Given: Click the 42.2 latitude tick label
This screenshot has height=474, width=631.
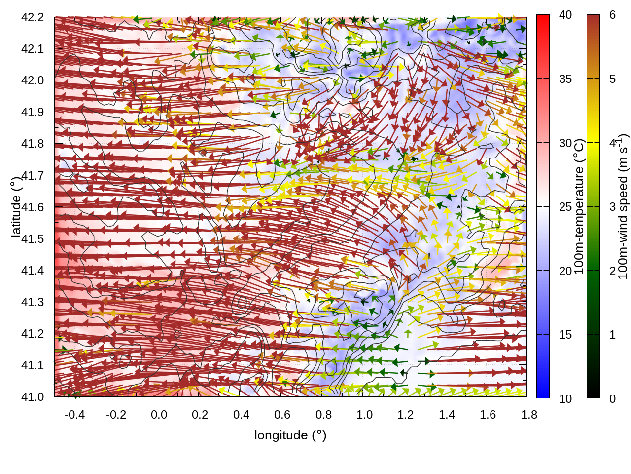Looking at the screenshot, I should pos(33,17).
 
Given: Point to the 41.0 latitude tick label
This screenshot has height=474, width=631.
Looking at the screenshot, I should pos(33,397).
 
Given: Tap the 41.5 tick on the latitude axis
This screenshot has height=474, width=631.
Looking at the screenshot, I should pos(33,239).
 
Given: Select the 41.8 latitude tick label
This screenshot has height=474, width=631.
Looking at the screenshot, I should pos(33,144).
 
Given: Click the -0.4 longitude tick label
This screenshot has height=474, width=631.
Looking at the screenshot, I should pos(74,415).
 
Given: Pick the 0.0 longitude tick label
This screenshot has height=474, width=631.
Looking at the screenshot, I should pos(159,415).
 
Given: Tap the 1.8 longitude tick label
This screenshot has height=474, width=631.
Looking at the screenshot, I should pos(529,415).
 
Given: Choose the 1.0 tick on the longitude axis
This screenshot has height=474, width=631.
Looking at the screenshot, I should pos(364,415).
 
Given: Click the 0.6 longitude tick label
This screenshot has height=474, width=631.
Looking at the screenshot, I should pos(282,415).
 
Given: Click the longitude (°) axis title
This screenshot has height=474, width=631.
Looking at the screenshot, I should pos(290,435).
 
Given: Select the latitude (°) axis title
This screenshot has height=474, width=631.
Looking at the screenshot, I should pos(16,207).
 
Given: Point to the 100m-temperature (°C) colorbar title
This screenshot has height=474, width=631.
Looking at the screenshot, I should pos(580,206).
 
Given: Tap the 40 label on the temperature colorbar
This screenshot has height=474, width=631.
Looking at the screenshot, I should pos(565,15).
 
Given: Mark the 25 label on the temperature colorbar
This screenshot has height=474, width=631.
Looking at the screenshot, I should pos(565,207).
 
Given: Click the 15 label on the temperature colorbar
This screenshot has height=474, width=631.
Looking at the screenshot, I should pos(565,335).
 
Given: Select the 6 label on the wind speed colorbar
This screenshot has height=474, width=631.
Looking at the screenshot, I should pos(612,15).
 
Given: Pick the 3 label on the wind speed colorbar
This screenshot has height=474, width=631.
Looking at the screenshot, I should pos(612,207).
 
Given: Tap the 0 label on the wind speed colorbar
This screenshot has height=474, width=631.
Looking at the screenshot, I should pos(612,398).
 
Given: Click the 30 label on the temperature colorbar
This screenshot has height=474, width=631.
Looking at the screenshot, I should pos(565,143).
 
